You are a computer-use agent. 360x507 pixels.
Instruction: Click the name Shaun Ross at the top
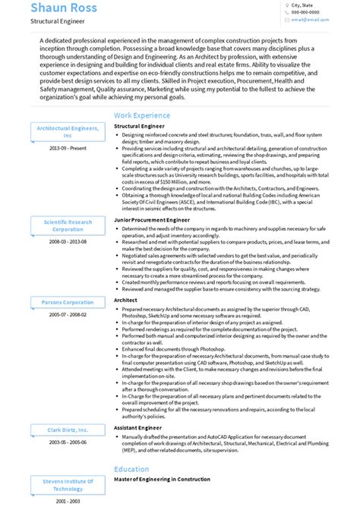tap(65, 8)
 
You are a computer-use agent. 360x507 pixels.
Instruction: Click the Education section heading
tap(131, 469)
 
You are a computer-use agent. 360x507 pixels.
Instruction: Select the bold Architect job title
tap(126, 300)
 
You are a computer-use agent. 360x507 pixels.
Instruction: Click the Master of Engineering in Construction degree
tap(168, 480)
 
